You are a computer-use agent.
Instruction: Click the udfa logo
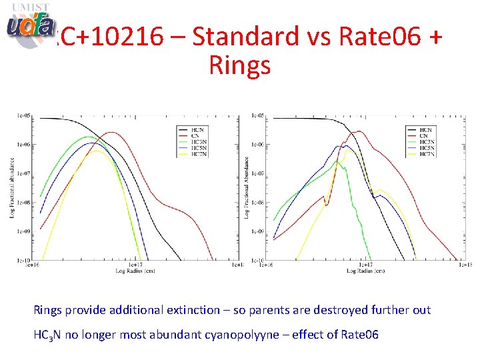(x=30, y=25)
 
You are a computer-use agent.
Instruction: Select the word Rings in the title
(x=239, y=65)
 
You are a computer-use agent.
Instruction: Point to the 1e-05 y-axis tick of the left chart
(x=24, y=115)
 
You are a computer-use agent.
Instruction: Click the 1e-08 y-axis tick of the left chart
(x=24, y=203)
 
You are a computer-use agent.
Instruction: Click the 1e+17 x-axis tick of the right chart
(x=366, y=265)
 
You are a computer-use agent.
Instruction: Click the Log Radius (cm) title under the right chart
(x=365, y=271)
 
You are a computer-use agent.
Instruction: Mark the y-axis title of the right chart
(x=247, y=187)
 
